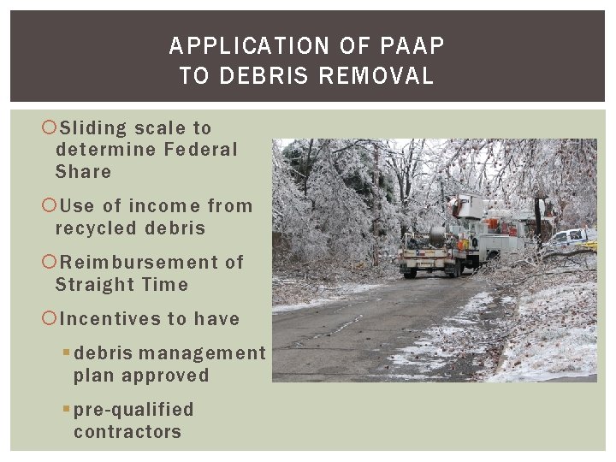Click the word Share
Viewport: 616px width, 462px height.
pyautogui.click(x=83, y=171)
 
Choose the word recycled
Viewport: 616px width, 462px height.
pyautogui.click(x=95, y=228)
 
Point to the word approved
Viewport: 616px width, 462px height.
pyautogui.click(x=166, y=376)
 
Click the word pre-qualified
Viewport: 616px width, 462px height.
pyautogui.click(x=133, y=410)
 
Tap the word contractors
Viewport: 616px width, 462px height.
pyautogui.click(x=127, y=432)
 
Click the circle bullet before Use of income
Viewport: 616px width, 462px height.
pyautogui.click(x=49, y=206)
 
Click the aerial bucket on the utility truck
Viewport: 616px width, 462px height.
pyautogui.click(x=468, y=206)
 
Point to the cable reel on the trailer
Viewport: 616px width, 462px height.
pyautogui.click(x=437, y=237)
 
